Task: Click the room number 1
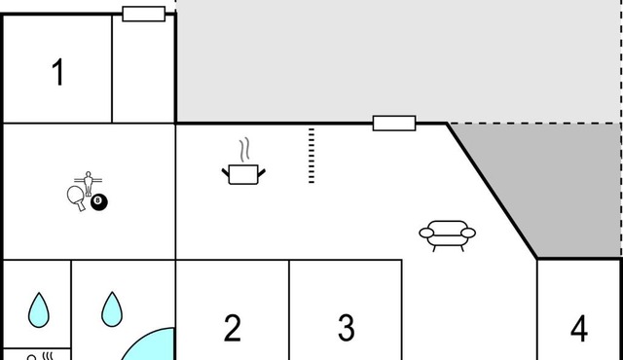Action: [x=58, y=72]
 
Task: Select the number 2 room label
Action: [x=233, y=328]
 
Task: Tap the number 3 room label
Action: [x=347, y=328]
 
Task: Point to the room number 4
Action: [x=579, y=328]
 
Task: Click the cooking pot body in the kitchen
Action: [x=243, y=174]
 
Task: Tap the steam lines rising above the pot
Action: [x=245, y=149]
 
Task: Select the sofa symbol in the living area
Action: [x=448, y=235]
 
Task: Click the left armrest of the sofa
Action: [x=426, y=233]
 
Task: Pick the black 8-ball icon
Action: [x=99, y=202]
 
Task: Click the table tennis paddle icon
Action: [x=76, y=198]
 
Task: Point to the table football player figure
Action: [x=89, y=183]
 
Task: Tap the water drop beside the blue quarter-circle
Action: [x=112, y=309]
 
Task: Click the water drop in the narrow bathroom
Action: [x=39, y=310]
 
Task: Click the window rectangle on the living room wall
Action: [x=394, y=124]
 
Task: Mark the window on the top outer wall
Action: [x=144, y=14]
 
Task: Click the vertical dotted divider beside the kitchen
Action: [x=311, y=156]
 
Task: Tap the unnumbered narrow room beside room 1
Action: [x=143, y=69]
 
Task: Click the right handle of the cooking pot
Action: [x=262, y=173]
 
